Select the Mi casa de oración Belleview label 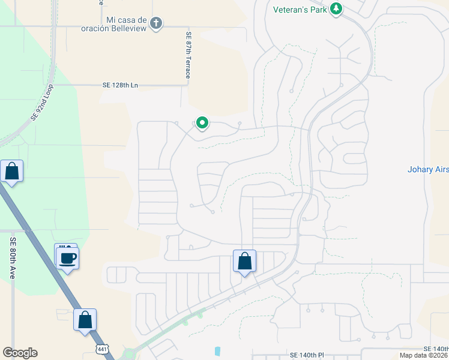click(126, 24)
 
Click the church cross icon click(156, 23)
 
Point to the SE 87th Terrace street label click(188, 55)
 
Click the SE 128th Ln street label click(120, 85)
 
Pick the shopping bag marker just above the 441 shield click(85, 319)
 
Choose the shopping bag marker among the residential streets click(244, 261)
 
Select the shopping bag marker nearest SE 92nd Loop click(12, 171)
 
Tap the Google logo click(20, 353)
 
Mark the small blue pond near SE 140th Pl click(217, 350)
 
